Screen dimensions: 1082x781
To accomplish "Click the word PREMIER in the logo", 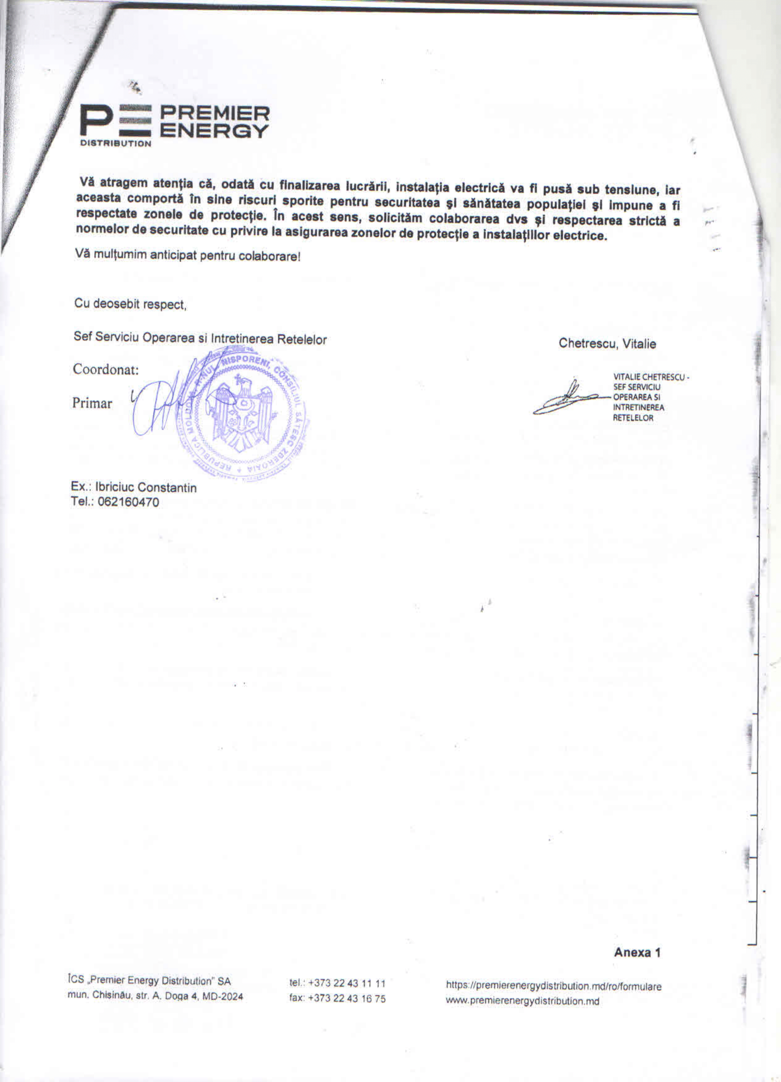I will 214,114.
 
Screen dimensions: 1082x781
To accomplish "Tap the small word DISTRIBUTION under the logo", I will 115,143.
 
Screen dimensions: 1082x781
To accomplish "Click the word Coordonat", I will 105,369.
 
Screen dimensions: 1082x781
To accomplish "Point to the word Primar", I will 92,403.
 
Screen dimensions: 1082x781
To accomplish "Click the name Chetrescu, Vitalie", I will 607,344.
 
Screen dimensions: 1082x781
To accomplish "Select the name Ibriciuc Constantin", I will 146,487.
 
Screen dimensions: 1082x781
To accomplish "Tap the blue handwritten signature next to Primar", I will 162,403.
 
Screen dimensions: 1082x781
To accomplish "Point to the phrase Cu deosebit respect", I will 130,304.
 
